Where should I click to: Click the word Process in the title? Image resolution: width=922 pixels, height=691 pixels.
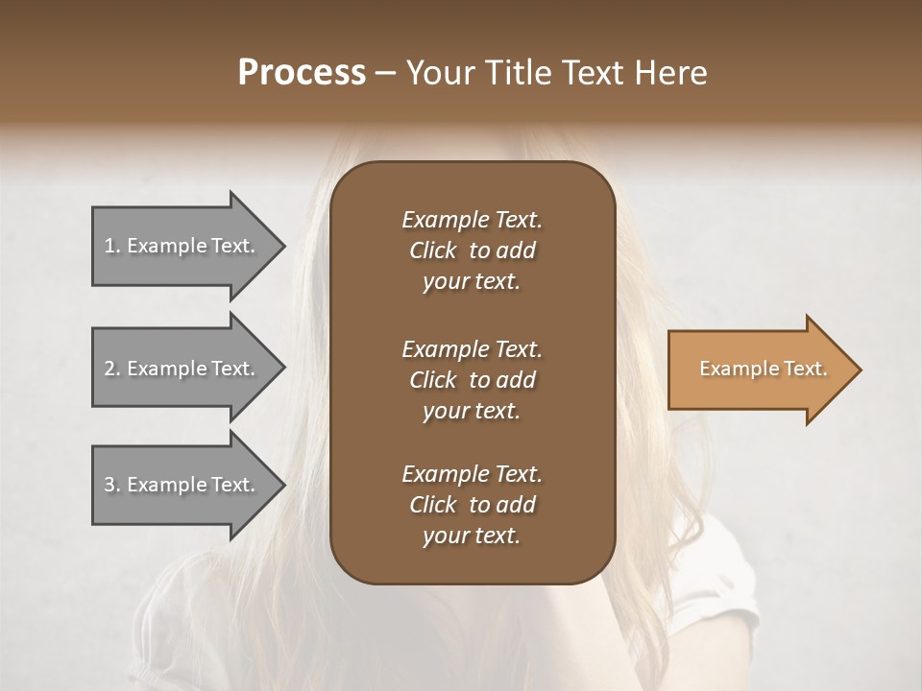pyautogui.click(x=302, y=73)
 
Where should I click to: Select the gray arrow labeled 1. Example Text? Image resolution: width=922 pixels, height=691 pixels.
pyautogui.click(x=182, y=247)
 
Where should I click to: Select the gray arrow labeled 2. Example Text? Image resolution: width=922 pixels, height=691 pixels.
pyautogui.click(x=182, y=369)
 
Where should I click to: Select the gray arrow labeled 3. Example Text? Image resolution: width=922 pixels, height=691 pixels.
pyautogui.click(x=182, y=485)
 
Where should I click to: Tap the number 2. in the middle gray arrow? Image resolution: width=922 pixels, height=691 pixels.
pyautogui.click(x=112, y=369)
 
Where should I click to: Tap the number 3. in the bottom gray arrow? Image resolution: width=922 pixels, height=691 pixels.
pyautogui.click(x=112, y=485)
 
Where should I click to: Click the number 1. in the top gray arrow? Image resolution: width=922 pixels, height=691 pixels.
pyautogui.click(x=112, y=246)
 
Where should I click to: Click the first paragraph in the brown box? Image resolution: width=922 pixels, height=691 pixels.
pyautogui.click(x=472, y=250)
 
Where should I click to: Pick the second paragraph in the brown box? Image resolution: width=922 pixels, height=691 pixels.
pyautogui.click(x=472, y=379)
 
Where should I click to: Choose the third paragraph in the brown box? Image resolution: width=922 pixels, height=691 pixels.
pyautogui.click(x=472, y=505)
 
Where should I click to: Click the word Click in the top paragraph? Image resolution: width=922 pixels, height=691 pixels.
pyautogui.click(x=432, y=250)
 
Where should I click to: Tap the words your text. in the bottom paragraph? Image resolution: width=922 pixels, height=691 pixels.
pyautogui.click(x=472, y=536)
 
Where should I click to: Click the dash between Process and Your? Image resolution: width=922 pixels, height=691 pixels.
pyautogui.click(x=385, y=73)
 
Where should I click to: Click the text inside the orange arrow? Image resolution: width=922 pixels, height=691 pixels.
pyautogui.click(x=763, y=369)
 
